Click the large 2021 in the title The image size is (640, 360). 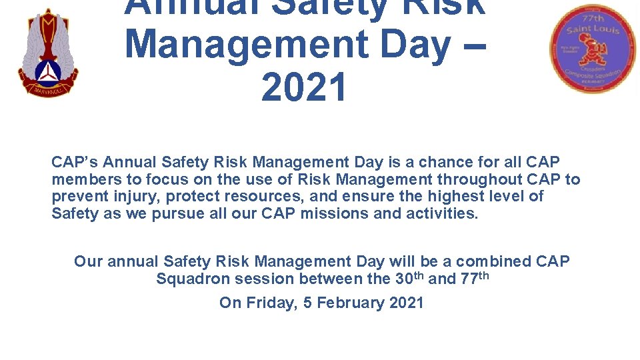click(x=304, y=87)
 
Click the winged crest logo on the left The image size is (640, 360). click(x=47, y=53)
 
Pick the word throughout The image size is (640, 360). click(x=483, y=179)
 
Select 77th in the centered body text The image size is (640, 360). click(x=474, y=278)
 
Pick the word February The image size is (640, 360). click(x=352, y=303)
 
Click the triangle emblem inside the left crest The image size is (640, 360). click(x=47, y=69)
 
